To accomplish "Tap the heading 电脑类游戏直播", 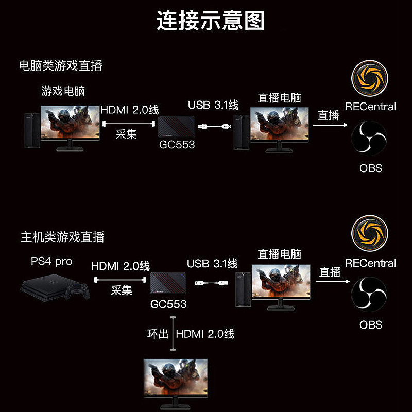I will pos(60,65).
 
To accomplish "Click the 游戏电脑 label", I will pos(63,92).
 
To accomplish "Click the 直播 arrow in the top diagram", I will pos(330,125).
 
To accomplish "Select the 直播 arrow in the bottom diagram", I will pos(330,281).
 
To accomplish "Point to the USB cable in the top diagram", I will pos(214,125).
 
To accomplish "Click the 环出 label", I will pos(158,334).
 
